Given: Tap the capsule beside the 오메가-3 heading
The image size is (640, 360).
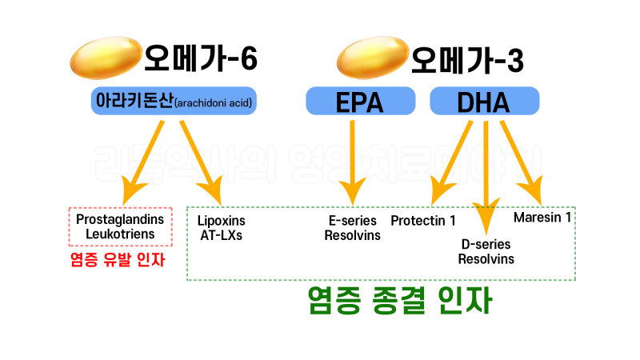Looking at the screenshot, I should coord(373,59).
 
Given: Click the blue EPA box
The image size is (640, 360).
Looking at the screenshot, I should coord(360,102).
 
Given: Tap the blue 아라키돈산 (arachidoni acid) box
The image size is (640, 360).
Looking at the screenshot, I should coord(174,102).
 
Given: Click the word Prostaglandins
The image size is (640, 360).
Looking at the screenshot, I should coord(120,219).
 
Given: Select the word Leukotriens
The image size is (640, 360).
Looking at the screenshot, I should coord(120,235).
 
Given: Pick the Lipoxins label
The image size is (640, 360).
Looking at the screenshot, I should coord(222,220).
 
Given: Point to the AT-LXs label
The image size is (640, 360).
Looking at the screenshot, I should coord(220,236).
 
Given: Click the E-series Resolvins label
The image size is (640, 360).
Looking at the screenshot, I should coord(353,228).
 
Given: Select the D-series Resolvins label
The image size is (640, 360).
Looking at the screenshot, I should coord(486,251).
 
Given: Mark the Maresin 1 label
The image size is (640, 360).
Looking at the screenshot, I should coord(542,216).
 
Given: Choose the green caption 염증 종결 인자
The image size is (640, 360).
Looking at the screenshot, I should coord(398,302).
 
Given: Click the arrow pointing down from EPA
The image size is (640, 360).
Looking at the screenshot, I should coord(353,160).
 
